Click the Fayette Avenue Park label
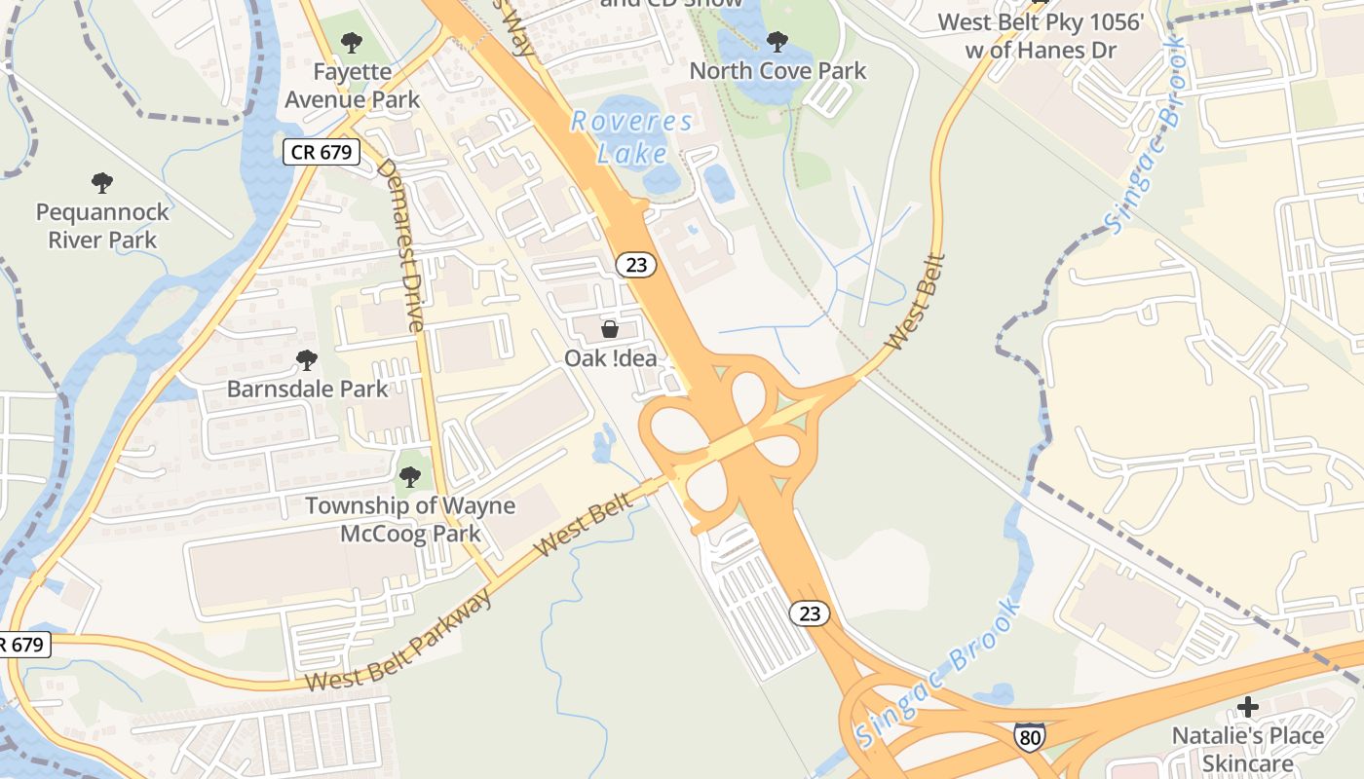(352, 86)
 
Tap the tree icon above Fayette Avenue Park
(351, 43)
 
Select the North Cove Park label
(777, 70)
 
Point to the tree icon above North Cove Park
(777, 42)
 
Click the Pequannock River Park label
(102, 225)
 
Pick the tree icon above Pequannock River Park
(101, 183)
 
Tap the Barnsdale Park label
(307, 389)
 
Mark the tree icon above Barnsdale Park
(307, 360)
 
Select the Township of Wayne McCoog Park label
(410, 519)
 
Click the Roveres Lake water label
(632, 137)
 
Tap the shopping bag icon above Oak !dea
(610, 330)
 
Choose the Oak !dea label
(611, 358)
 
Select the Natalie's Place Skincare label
(1247, 749)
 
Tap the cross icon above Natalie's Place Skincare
(1247, 706)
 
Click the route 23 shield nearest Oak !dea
(636, 263)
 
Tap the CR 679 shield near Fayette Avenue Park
(322, 153)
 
